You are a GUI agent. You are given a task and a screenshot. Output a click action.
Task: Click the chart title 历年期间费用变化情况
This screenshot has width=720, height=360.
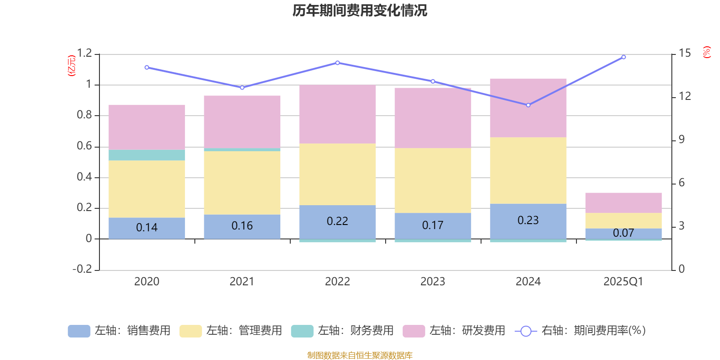tap(360, 10)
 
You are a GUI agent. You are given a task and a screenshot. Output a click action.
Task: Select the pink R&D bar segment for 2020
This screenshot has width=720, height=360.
tap(147, 127)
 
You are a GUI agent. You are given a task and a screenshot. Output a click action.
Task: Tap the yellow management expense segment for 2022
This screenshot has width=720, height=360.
tap(337, 174)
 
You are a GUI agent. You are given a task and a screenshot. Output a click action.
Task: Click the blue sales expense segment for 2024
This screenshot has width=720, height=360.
tap(528, 220)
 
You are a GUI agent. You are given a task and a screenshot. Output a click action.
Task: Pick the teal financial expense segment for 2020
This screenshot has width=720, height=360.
tap(147, 155)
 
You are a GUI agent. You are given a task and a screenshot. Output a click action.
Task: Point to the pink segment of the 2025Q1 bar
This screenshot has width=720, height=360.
tap(623, 202)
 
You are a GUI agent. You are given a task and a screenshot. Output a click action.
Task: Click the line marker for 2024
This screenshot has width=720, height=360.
tap(528, 105)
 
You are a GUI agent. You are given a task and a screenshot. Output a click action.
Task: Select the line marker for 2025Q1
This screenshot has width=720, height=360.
tap(623, 57)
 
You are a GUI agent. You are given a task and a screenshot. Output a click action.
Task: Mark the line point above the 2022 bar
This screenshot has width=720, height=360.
tap(337, 63)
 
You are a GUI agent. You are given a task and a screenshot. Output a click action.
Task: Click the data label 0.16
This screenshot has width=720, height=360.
tap(242, 226)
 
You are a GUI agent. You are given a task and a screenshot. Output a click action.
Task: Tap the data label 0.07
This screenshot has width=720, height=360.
tap(623, 233)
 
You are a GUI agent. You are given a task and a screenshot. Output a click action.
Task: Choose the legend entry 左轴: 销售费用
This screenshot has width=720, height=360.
tap(119, 331)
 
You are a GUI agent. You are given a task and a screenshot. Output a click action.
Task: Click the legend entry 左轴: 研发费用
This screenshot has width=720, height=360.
tap(454, 331)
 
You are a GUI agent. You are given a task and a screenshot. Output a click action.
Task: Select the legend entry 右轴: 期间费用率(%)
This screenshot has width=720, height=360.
tap(580, 331)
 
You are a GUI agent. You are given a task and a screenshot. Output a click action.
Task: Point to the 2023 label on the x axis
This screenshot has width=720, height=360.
tap(433, 282)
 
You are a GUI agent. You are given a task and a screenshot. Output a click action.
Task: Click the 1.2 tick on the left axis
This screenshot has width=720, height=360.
tap(84, 54)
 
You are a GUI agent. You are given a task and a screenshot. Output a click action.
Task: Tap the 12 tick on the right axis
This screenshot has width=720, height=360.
tap(685, 96)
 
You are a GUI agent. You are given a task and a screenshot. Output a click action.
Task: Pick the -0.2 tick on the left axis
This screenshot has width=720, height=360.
tap(82, 269)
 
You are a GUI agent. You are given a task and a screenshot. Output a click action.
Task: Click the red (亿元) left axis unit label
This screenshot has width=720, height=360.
tap(72, 66)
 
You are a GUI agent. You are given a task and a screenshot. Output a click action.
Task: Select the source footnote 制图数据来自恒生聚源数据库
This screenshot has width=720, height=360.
tap(360, 355)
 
